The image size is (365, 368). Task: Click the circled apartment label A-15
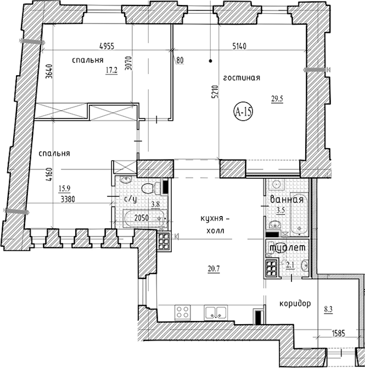pos(243,112)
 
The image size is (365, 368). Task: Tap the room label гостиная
pos(242,78)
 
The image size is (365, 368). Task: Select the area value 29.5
pos(277,99)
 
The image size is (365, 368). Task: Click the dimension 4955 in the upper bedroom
pos(107,46)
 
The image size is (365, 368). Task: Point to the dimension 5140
pos(240,46)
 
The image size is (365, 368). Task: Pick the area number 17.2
pos(111,70)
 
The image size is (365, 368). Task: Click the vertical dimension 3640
pos(49,71)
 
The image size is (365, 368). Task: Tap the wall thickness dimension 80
pos(180,60)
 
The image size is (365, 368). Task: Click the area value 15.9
pos(65,188)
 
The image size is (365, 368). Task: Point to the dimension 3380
pos(68,199)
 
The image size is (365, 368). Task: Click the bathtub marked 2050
pos(145,218)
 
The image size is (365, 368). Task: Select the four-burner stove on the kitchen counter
pos(182,312)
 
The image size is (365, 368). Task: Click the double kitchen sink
pos(216,312)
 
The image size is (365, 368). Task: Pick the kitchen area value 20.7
pos(214,268)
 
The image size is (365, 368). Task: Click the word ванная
pos(287,199)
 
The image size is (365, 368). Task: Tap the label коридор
pos(295,304)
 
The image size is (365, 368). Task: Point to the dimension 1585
pos(339,333)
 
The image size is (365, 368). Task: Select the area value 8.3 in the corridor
pos(328,309)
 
